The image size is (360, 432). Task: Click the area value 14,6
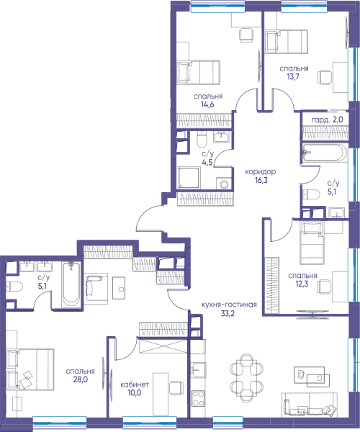tap(207, 104)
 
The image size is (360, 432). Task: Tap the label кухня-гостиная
tap(229, 305)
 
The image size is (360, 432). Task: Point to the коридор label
tap(261, 172)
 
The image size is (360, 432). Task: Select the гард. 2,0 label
tap(327, 120)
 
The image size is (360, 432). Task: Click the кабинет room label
tap(135, 384)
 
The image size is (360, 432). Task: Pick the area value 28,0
tap(81, 379)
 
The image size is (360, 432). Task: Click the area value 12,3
tap(302, 284)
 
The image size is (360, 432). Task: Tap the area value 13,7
tap(294, 76)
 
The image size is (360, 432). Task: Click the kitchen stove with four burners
tap(198, 398)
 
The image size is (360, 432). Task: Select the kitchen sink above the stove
tap(198, 370)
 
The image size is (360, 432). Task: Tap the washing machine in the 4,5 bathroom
tap(222, 184)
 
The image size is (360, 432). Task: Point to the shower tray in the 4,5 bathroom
tap(189, 177)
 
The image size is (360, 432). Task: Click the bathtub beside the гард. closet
tap(325, 153)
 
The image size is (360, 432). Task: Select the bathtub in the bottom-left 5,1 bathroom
tap(71, 285)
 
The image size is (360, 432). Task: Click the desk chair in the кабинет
tap(176, 388)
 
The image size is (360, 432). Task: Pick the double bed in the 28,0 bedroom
tap(30, 369)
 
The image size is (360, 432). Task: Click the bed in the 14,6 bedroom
tap(198, 72)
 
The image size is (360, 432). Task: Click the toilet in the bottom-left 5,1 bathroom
tap(14, 287)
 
